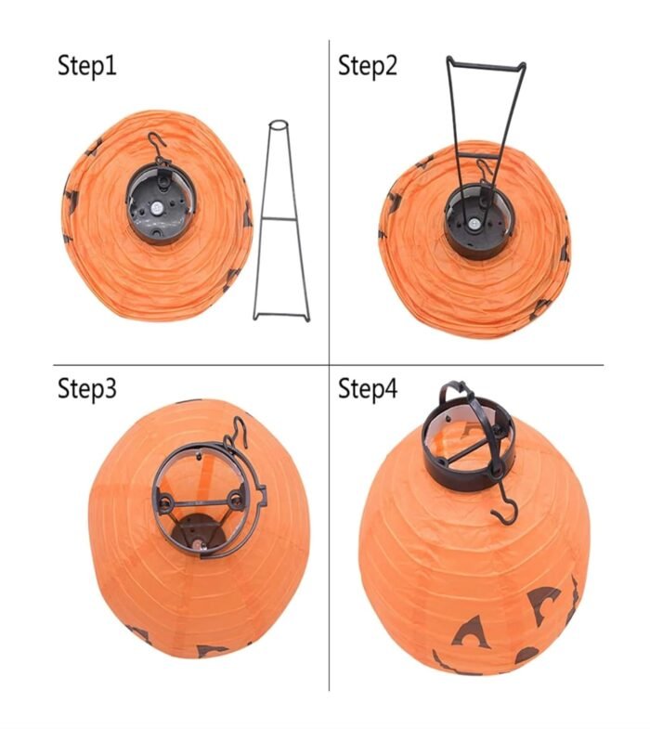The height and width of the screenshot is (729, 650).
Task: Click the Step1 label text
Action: [87, 66]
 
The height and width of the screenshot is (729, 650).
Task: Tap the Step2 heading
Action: [367, 66]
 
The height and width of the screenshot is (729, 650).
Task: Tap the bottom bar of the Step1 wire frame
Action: [281, 317]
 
